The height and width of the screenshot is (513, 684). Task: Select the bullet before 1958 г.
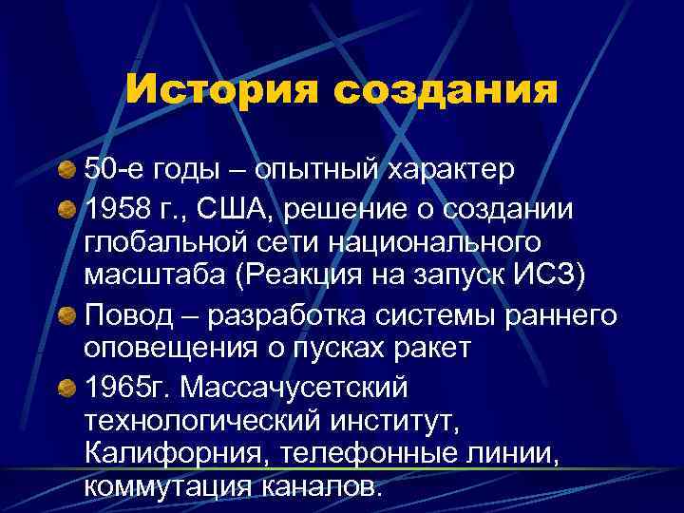point(66,207)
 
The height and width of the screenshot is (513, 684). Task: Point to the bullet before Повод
point(66,315)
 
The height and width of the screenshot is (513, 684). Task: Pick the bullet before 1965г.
point(66,388)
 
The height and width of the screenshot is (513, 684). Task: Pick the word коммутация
point(163,489)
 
